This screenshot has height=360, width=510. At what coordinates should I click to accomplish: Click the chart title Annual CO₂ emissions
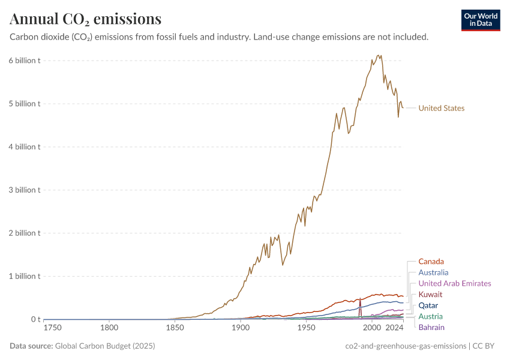point(85,19)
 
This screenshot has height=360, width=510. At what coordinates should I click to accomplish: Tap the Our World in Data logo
point(481,20)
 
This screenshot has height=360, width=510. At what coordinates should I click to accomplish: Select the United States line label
point(441,109)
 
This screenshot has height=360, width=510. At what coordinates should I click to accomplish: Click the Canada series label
point(431,262)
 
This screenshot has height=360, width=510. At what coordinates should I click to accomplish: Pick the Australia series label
point(433,272)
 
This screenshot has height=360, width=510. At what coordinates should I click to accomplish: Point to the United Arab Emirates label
point(454,283)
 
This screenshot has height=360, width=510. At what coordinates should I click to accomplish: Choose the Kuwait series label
point(430,295)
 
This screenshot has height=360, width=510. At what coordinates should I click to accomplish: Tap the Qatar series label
point(428,305)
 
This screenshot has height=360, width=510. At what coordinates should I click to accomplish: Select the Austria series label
point(430,316)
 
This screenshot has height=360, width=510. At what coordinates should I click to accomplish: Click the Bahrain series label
point(431,328)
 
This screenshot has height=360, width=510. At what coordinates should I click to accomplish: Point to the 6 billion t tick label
point(25,61)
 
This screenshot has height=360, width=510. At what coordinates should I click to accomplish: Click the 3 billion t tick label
point(25,190)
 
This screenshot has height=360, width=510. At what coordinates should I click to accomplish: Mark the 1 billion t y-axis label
point(25,277)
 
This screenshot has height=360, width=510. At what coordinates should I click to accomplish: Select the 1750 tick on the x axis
point(53,328)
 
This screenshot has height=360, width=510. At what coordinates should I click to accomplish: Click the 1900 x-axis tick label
point(241,328)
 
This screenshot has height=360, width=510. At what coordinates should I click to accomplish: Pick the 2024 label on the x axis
point(394,328)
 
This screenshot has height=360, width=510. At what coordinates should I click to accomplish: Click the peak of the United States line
point(378,56)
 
